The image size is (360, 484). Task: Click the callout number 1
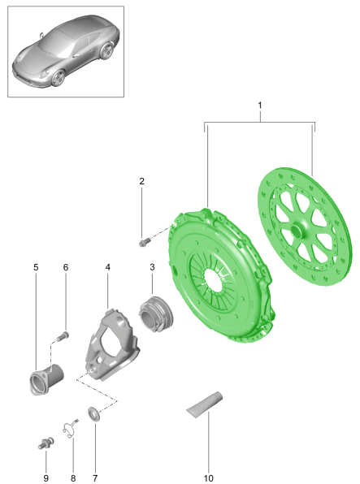coord(260,106)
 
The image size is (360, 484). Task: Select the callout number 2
coord(141,181)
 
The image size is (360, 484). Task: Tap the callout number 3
coord(151,266)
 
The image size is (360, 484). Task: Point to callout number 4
coord(107,266)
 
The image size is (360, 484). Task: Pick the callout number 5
coord(36,266)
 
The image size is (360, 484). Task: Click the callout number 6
coord(65,266)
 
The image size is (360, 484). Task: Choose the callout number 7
coord(94,478)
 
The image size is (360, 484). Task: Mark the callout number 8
coord(72,478)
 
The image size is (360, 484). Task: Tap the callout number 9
coord(46,478)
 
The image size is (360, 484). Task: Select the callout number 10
coord(208,478)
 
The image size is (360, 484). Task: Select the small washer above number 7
coord(94,415)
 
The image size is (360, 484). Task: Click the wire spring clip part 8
coord(70,426)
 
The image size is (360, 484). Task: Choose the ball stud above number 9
coord(45,443)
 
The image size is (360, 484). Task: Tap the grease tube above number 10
coord(205,404)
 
